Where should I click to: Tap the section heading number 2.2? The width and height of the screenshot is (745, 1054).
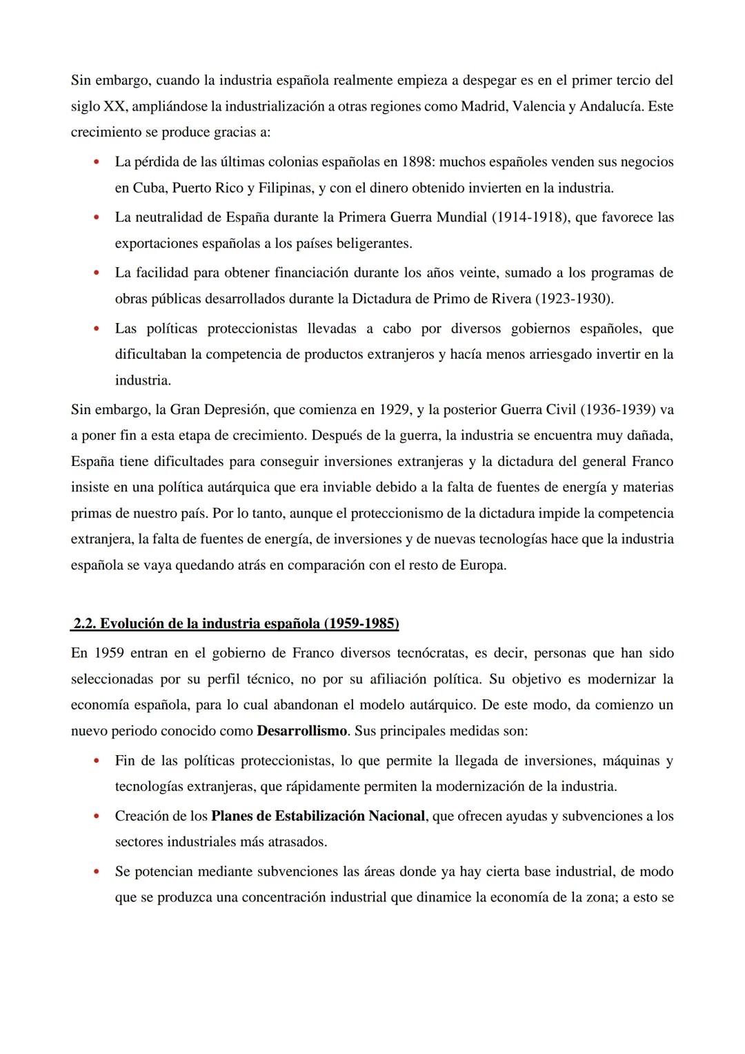[x=85, y=623]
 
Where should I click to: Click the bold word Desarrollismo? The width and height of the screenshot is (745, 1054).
[x=302, y=730]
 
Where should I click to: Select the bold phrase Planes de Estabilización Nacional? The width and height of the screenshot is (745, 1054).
[x=318, y=816]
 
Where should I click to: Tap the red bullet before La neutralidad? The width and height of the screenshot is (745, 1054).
[x=96, y=218]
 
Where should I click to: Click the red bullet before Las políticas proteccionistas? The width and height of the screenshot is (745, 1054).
[x=96, y=329]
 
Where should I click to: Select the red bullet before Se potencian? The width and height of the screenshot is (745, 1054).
[x=96, y=872]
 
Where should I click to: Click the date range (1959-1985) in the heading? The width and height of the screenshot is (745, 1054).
[x=360, y=623]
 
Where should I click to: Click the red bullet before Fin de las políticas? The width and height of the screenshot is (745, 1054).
[x=96, y=761]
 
